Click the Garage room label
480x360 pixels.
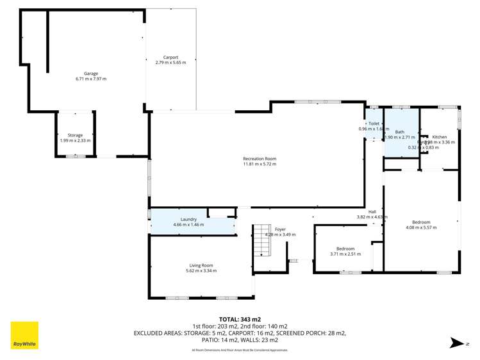tap(90, 74)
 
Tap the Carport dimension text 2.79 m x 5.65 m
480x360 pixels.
tap(170, 63)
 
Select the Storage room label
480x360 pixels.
tap(75, 135)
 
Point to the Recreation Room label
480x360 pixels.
tap(259, 158)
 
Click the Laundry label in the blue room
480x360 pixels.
tap(188, 219)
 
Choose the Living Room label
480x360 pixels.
tap(201, 265)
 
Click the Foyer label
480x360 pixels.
tap(280, 229)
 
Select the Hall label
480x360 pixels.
tap(372, 212)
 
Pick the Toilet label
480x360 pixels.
tap(374, 124)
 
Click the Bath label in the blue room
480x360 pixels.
tap(399, 131)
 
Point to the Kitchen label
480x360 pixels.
tap(440, 136)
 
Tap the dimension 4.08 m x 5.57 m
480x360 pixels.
tap(421, 227)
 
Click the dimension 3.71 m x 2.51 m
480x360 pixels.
tap(345, 254)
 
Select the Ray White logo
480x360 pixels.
tap(24, 336)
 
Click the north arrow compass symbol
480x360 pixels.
tap(455, 344)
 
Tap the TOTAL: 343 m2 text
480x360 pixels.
tap(240, 318)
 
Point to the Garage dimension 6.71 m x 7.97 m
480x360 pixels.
tap(90, 79)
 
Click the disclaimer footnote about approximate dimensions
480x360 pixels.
tap(240, 350)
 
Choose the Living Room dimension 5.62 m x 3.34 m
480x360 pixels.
tap(201, 270)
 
